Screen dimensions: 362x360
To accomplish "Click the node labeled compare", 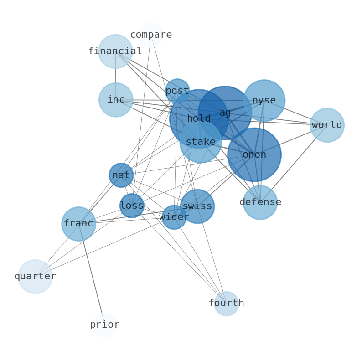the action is (x=151, y=35).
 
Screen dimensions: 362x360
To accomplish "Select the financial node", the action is (x=115, y=51).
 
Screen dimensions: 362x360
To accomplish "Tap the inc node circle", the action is (x=116, y=100).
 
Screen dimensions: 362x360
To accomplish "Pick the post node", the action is (x=177, y=91).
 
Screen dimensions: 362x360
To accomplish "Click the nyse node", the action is (x=264, y=101).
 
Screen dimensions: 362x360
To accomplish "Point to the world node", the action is (x=327, y=125).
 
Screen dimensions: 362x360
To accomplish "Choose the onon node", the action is (x=254, y=154).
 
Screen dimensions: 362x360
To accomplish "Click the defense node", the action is (x=260, y=202).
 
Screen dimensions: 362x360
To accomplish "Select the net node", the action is (x=121, y=175).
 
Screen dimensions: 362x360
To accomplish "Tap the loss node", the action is (x=132, y=206).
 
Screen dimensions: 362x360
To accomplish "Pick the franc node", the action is (x=78, y=224).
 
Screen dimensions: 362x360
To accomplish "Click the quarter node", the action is (x=35, y=277).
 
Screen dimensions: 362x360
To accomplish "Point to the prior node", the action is (x=105, y=325).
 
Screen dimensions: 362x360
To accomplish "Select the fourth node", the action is (x=226, y=303).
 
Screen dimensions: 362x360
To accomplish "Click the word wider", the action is (x=174, y=217).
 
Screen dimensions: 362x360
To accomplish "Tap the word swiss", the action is (x=197, y=206).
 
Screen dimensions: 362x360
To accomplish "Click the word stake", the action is (x=201, y=142).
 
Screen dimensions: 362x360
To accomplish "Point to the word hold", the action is (x=199, y=118).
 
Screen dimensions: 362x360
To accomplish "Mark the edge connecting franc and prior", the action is (x=92, y=274).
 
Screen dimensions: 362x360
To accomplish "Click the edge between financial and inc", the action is (x=116, y=76).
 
